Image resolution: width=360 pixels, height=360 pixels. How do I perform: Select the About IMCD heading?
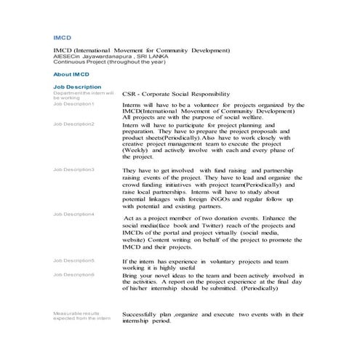tap(71, 74)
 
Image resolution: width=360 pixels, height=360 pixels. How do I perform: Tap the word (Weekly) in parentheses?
tap(136, 150)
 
